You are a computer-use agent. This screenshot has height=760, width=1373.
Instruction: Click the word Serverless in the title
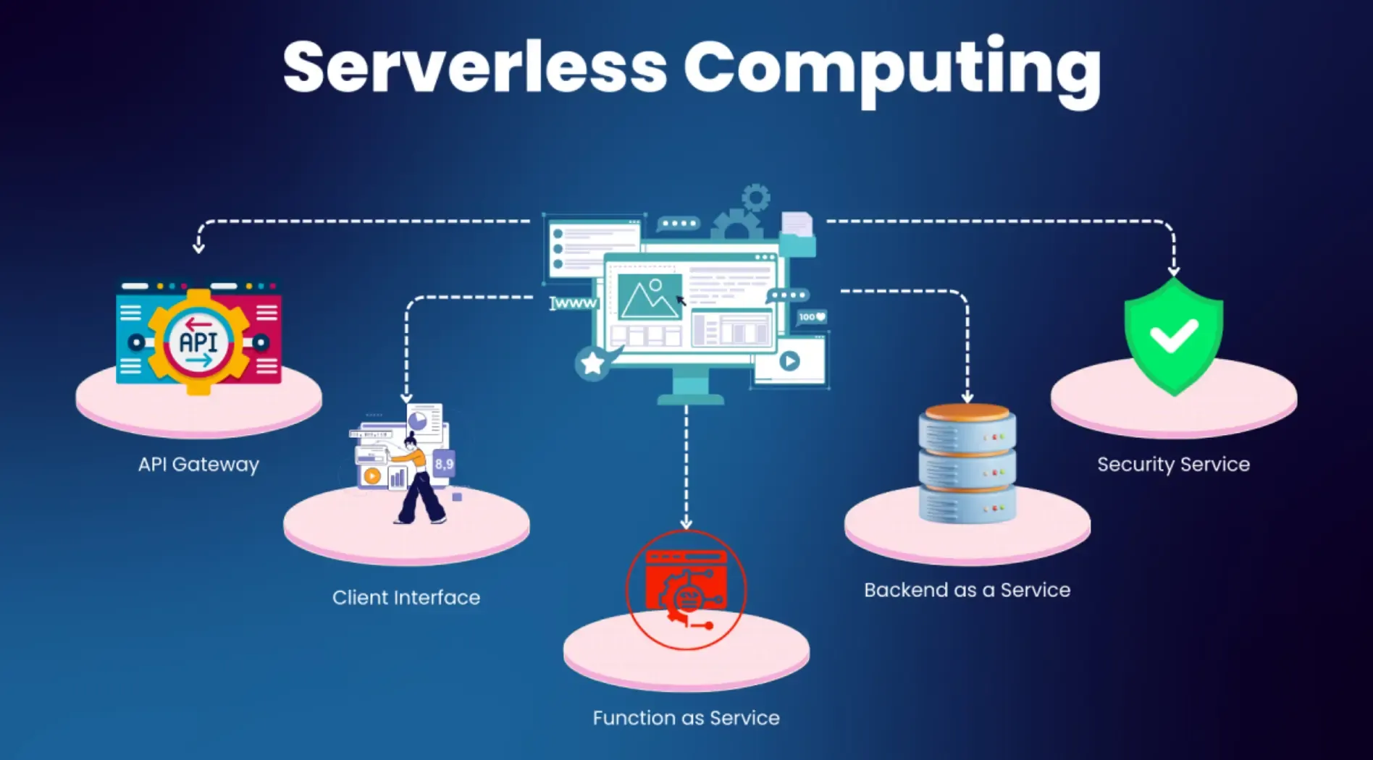point(474,67)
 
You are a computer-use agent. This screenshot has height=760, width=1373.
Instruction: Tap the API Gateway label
point(198,465)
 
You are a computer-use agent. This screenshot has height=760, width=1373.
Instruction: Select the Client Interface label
point(406,598)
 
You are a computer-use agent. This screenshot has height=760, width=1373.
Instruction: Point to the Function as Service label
point(686,718)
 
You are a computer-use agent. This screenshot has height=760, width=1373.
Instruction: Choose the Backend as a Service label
point(967,590)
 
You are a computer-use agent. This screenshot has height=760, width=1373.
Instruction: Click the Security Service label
point(1174,465)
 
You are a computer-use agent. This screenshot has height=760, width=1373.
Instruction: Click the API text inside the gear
point(198,342)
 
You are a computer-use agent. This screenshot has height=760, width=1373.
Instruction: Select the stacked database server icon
point(967,463)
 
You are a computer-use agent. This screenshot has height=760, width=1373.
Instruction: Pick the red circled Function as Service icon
point(686,590)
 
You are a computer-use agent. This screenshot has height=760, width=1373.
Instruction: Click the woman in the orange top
point(418,478)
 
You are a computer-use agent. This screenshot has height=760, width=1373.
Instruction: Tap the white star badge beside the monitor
point(592,363)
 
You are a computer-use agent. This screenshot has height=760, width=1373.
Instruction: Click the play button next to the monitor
point(789,360)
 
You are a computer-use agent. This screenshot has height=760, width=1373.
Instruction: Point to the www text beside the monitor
point(574,303)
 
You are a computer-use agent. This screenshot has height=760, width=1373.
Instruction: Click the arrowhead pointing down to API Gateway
point(198,248)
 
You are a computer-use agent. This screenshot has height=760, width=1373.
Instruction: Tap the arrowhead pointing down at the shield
point(1174,271)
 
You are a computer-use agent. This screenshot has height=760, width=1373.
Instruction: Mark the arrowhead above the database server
point(967,397)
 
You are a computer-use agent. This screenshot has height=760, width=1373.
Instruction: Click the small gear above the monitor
point(756,198)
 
